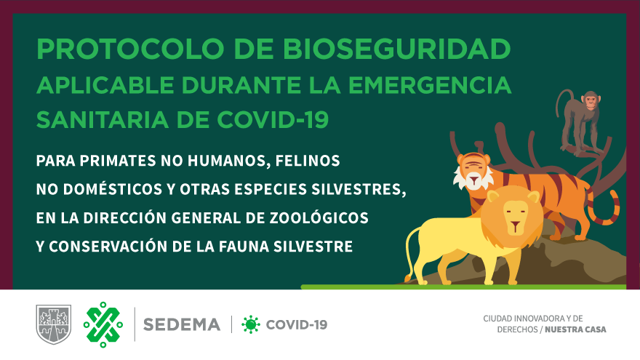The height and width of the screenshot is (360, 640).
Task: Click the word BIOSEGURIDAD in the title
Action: (x=397, y=49)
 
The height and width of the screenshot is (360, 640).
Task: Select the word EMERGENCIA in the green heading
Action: (x=430, y=85)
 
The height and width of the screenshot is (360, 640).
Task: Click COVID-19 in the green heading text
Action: (x=273, y=119)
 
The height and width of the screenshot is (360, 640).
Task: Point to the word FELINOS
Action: (x=308, y=161)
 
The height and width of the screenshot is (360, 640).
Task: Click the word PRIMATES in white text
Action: (x=116, y=161)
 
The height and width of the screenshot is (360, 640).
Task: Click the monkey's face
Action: (x=591, y=101)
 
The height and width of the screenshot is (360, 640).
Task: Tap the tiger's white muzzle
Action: (x=473, y=180)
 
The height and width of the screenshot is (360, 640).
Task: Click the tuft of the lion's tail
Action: (x=407, y=278)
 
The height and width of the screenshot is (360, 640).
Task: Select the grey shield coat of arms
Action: (x=54, y=324)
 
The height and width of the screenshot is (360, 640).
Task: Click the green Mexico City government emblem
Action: (x=103, y=325)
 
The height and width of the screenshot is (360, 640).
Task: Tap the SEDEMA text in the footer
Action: (x=182, y=325)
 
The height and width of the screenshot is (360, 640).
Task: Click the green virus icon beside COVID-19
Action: (x=251, y=325)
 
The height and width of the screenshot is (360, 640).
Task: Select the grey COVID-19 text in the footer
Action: (x=297, y=325)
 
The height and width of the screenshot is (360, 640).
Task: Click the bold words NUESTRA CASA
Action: (x=575, y=329)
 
